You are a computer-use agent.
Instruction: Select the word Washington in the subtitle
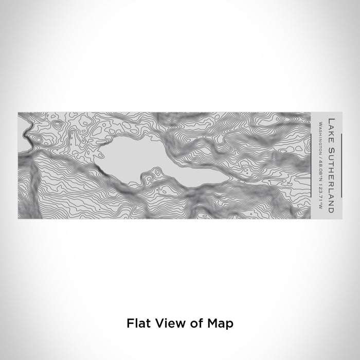pos(320,134)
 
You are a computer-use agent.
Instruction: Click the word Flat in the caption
pos(136,323)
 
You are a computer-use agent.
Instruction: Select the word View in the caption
pos(165,323)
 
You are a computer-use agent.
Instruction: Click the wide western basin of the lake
pos(131,157)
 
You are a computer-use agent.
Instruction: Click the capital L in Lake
pos(330,119)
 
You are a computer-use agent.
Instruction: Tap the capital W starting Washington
pos(320,121)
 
